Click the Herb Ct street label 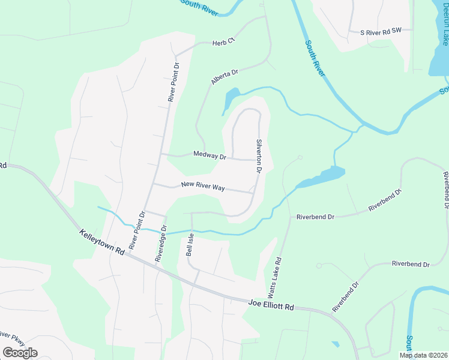[222, 42]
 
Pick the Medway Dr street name [209, 155]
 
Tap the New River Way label [202, 187]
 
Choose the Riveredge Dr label [160, 242]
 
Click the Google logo [20, 352]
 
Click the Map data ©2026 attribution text [423, 355]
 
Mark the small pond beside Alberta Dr [232, 97]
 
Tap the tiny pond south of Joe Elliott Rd [334, 344]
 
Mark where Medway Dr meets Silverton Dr [258, 160]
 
